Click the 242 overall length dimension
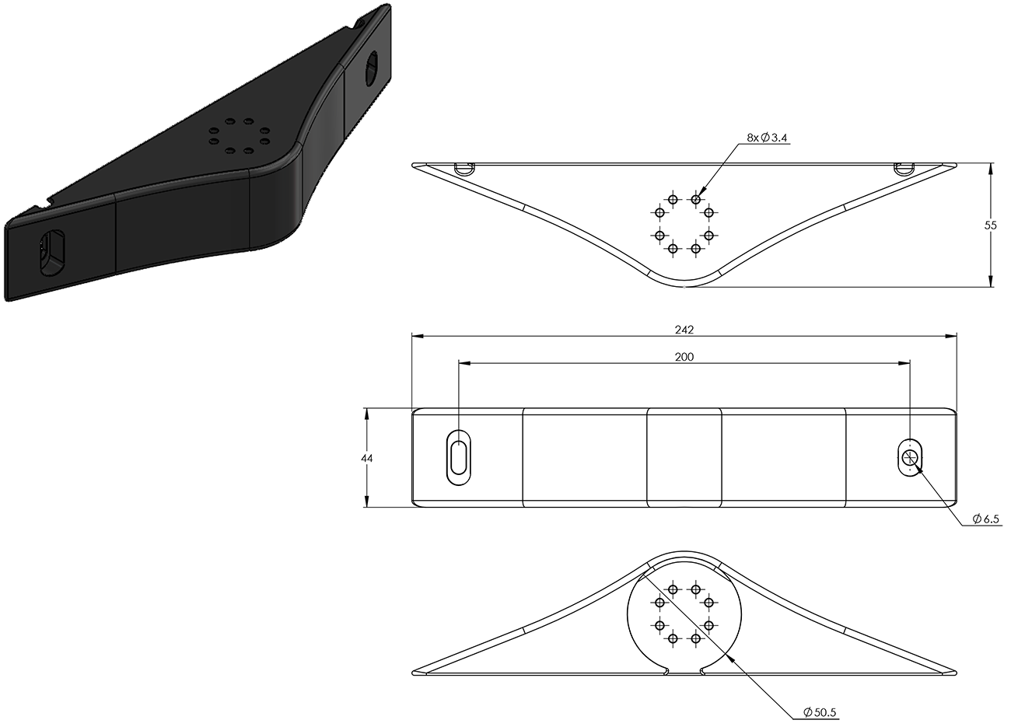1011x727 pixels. (x=684, y=330)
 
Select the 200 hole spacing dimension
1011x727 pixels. (x=684, y=357)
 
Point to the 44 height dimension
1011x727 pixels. (x=367, y=459)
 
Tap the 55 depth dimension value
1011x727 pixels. (x=990, y=225)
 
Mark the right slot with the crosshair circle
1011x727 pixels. (x=909, y=457)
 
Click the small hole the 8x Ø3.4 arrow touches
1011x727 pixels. (x=696, y=200)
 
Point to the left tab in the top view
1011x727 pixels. (x=463, y=167)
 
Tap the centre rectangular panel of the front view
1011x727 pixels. (x=684, y=457)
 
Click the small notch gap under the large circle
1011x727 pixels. (x=684, y=669)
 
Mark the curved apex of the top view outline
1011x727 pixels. (x=684, y=285)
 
